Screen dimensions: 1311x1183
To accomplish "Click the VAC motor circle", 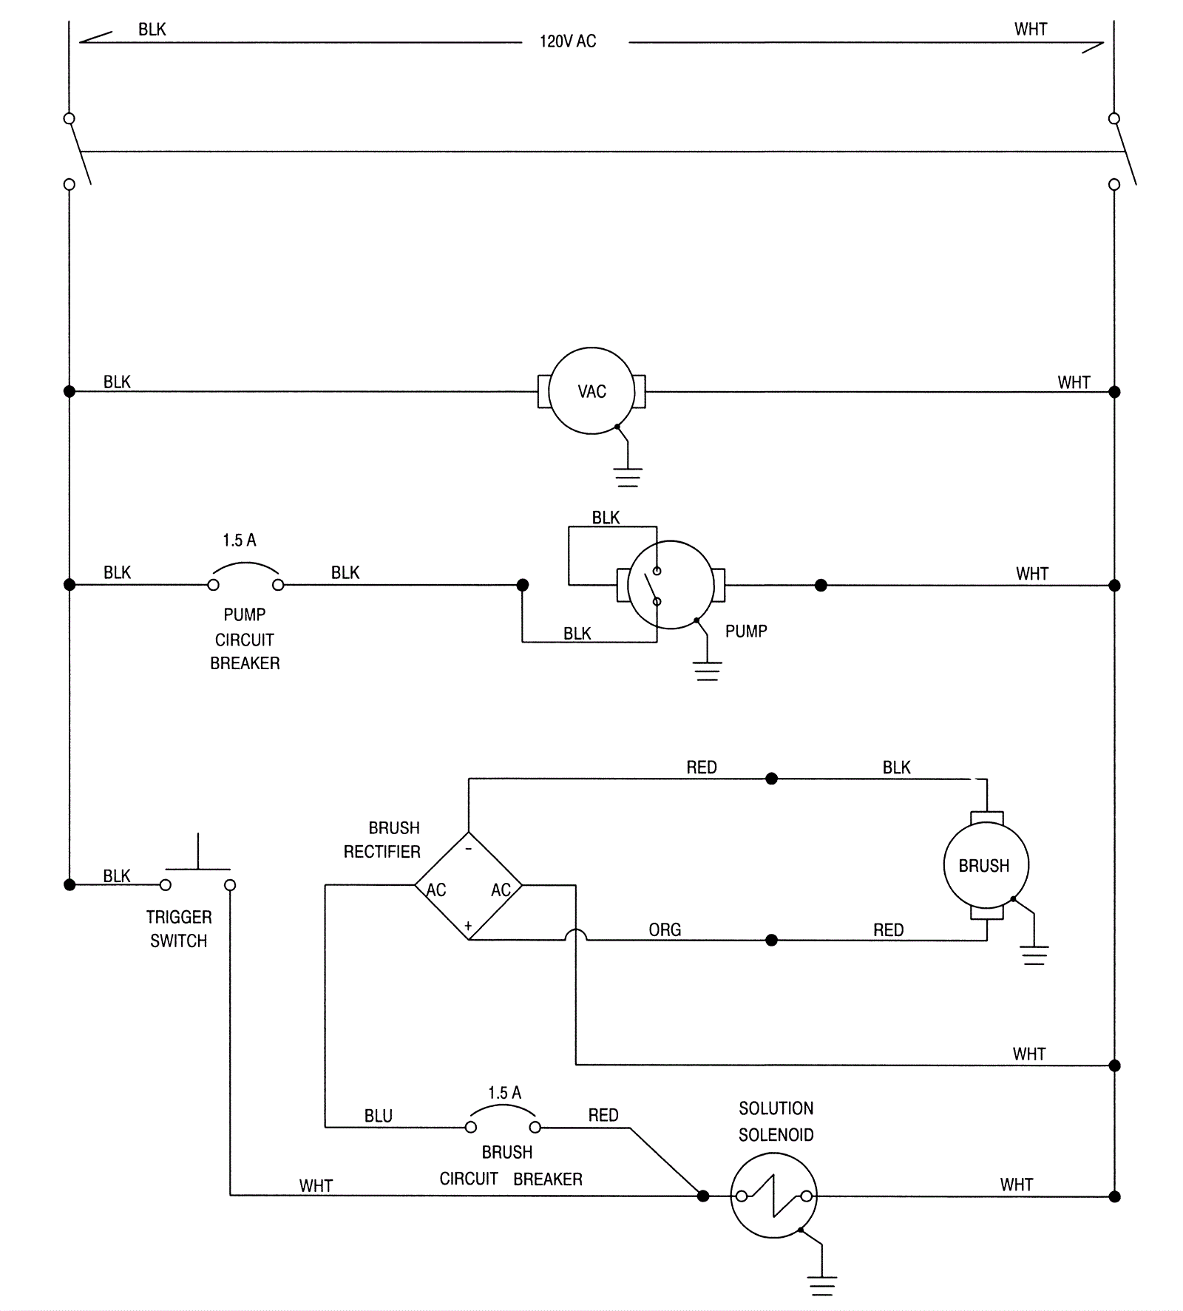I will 591,390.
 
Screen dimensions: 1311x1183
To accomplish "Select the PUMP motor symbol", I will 671,585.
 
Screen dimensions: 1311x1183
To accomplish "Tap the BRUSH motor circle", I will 986,865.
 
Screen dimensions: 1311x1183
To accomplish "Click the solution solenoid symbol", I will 773,1196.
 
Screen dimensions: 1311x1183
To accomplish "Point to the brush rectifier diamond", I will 469,886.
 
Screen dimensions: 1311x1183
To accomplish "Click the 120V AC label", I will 568,41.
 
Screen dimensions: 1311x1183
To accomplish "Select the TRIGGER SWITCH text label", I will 179,929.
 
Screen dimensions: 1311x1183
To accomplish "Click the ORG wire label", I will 665,929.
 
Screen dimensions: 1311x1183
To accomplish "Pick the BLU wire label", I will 378,1116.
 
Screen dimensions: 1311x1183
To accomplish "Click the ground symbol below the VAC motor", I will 628,477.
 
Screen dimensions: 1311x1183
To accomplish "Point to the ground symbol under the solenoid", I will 822,1285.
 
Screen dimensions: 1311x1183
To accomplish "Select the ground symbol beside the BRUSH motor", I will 1034,955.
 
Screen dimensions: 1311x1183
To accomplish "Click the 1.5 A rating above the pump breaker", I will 240,541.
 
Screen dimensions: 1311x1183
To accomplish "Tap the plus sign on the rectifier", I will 468,925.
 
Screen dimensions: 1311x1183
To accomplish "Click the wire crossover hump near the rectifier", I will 575,935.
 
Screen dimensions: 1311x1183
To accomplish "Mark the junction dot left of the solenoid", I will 703,1196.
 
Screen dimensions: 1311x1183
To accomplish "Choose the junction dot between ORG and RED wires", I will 771,940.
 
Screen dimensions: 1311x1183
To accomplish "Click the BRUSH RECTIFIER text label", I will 382,840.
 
